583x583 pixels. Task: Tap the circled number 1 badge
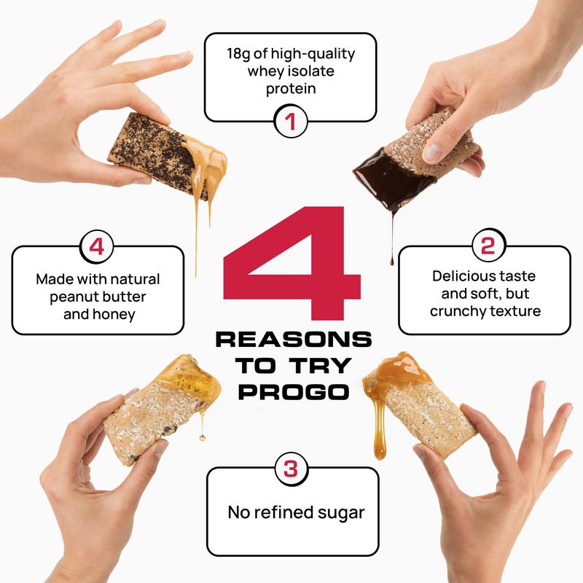pos(290,122)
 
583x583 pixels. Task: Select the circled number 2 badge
pos(485,246)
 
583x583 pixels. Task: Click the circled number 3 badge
pos(290,469)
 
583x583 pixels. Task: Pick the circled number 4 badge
pos(96,246)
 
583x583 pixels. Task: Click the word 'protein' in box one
pos(290,89)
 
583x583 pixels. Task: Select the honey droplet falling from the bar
pos(202,437)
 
